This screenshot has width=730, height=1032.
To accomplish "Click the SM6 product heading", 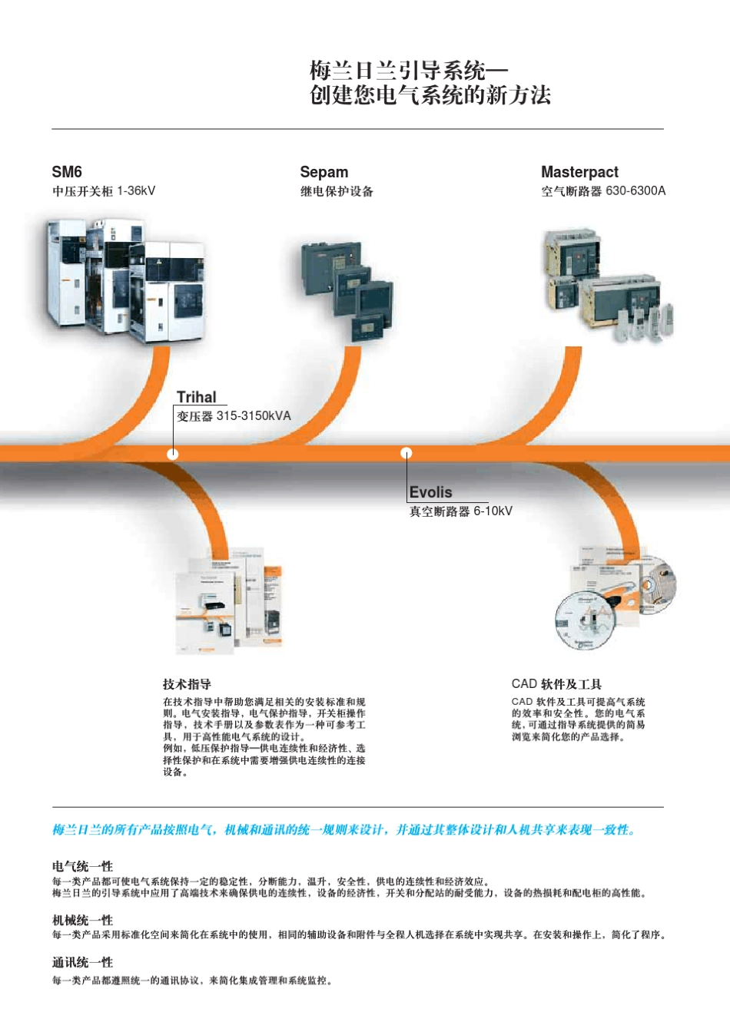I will pyautogui.click(x=67, y=172).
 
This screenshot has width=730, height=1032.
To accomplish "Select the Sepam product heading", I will pyautogui.click(x=324, y=172).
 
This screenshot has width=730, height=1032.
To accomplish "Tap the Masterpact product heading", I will pyautogui.click(x=579, y=172).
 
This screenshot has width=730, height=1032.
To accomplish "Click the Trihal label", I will pyautogui.click(x=196, y=397).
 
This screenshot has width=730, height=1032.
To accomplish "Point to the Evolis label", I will pyautogui.click(x=430, y=492).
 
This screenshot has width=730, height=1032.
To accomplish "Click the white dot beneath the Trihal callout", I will pyautogui.click(x=173, y=454).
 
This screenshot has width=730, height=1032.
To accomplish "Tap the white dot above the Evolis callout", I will pyautogui.click(x=406, y=453).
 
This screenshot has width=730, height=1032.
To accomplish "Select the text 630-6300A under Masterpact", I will pyautogui.click(x=635, y=191).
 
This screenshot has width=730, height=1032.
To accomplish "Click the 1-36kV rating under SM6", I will pyautogui.click(x=136, y=191).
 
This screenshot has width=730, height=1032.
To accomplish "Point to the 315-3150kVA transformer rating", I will pyautogui.click(x=254, y=416).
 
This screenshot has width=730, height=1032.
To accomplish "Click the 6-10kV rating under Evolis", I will pyautogui.click(x=493, y=511).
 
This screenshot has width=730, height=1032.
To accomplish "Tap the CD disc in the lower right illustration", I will pyautogui.click(x=586, y=620).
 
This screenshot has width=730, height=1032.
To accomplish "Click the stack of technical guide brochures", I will pyautogui.click(x=231, y=602).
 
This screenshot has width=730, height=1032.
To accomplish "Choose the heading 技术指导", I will pyautogui.click(x=187, y=684).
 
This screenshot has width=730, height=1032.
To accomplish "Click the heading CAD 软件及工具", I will pyautogui.click(x=556, y=684).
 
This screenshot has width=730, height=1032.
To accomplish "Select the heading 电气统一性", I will pyautogui.click(x=82, y=866).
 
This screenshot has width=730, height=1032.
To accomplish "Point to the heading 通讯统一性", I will pyautogui.click(x=82, y=962).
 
